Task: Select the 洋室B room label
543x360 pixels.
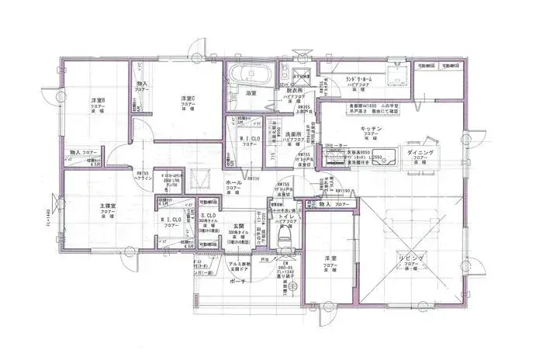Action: pyautogui.click(x=99, y=101)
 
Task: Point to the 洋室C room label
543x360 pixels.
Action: pyautogui.click(x=188, y=99)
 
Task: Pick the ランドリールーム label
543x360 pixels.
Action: pyautogui.click(x=361, y=79)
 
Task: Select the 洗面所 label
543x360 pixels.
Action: pyautogui.click(x=292, y=134)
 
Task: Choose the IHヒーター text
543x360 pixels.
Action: pyautogui.click(x=335, y=145)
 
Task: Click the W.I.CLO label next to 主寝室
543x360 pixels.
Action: pyautogui.click(x=171, y=220)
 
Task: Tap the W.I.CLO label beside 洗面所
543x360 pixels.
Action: pyautogui.click(x=249, y=139)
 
